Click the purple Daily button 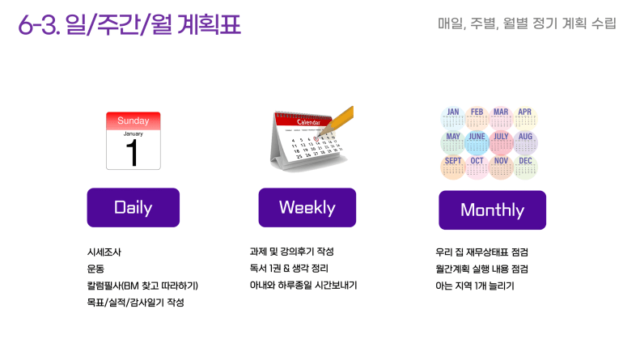pyautogui.click(x=133, y=207)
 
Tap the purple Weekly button pyautogui.click(x=307, y=207)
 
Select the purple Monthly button pyautogui.click(x=492, y=210)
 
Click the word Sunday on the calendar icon pyautogui.click(x=133, y=121)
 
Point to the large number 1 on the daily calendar pyautogui.click(x=132, y=153)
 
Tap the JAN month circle pyautogui.click(x=452, y=118)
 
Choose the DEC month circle pyautogui.click(x=525, y=167)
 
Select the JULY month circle pyautogui.click(x=501, y=143)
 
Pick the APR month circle pyautogui.click(x=525, y=118)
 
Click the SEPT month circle pyautogui.click(x=452, y=167)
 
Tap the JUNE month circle pyautogui.click(x=477, y=143)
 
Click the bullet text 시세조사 pyautogui.click(x=104, y=252)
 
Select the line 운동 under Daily pyautogui.click(x=95, y=269)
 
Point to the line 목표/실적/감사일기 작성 pyautogui.click(x=135, y=303)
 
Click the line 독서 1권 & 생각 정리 pyautogui.click(x=289, y=268)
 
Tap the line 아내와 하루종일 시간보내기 pyautogui.click(x=303, y=285)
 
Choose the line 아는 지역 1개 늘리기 pyautogui.click(x=475, y=286)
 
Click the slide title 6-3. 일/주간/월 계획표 pyautogui.click(x=129, y=24)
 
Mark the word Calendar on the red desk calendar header pyautogui.click(x=308, y=122)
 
